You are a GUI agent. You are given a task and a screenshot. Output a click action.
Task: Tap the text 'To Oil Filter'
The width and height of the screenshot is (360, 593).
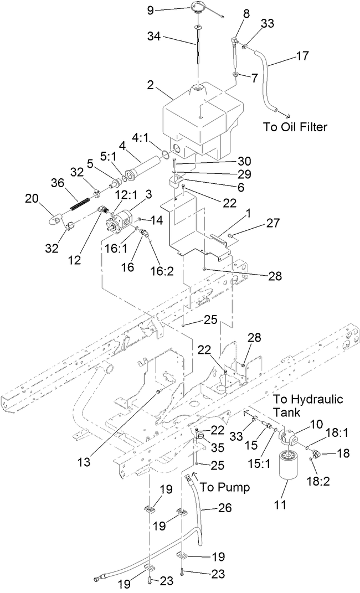coord(295,127)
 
